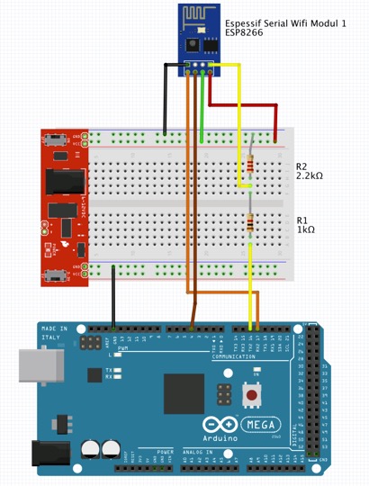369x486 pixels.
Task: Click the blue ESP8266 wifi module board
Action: click(x=198, y=35)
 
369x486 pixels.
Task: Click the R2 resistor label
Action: click(x=301, y=166)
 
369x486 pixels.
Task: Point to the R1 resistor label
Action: click(x=301, y=220)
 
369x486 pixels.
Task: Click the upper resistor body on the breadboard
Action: click(x=249, y=165)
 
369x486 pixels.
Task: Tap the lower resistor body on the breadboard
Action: click(x=249, y=223)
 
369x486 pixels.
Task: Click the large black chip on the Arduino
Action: click(x=184, y=395)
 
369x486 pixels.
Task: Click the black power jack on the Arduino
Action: click(x=49, y=455)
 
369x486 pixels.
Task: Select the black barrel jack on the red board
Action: click(x=63, y=181)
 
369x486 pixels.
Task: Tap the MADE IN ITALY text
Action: click(x=55, y=334)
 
